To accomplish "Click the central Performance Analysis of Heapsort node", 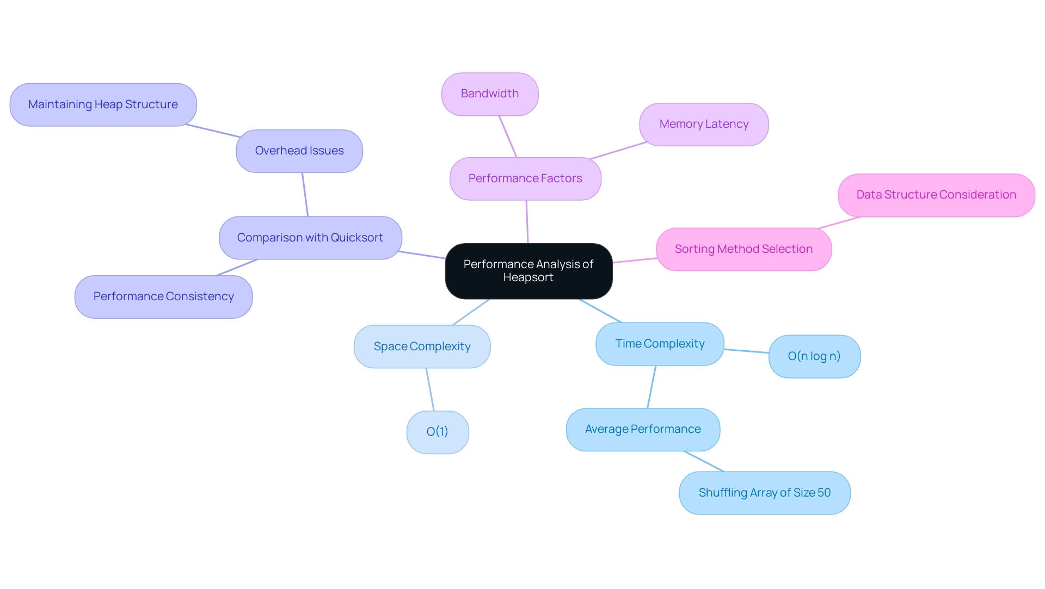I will (x=528, y=271).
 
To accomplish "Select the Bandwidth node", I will (x=490, y=94).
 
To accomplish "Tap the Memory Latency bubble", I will (x=704, y=125).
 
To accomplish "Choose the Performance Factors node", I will (x=525, y=179).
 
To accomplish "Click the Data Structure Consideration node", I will (x=936, y=195).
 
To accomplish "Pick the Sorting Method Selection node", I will (x=743, y=250).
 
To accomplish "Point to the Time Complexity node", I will (x=660, y=344).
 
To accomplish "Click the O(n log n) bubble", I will (x=814, y=357).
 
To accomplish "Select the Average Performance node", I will (x=643, y=430).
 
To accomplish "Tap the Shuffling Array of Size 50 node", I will (x=765, y=493).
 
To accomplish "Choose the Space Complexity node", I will (x=422, y=347).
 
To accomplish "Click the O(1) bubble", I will (x=438, y=432).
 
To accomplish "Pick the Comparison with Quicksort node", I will (x=310, y=238).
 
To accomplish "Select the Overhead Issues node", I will (x=299, y=151).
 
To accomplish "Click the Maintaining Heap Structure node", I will (x=103, y=105).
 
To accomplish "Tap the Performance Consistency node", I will (x=163, y=297).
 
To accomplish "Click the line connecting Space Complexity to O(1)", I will (x=430, y=389).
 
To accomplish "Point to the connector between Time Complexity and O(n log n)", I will (x=746, y=351).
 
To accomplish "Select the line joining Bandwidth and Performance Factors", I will (x=508, y=137).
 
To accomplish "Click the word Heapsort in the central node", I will (x=528, y=278).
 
